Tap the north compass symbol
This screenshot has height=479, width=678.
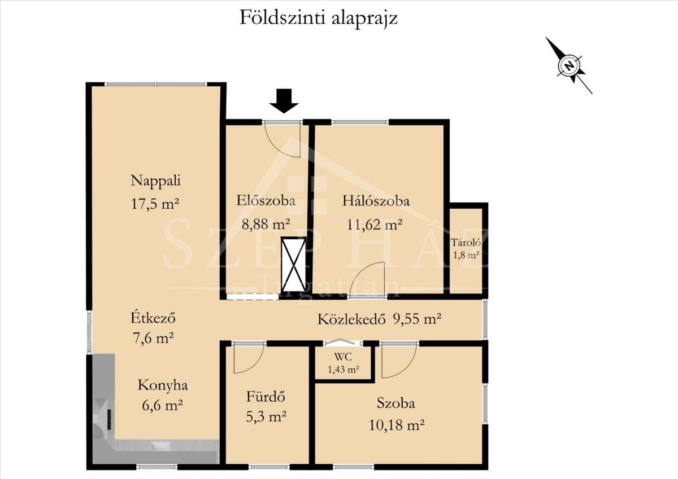(570, 65)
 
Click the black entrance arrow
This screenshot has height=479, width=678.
(284, 101)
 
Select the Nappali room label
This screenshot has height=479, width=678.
(155, 181)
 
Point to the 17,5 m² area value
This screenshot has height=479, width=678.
(155, 203)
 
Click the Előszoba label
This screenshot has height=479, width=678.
(266, 201)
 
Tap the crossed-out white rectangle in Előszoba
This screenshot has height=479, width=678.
(293, 265)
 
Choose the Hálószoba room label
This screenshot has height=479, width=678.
(376, 201)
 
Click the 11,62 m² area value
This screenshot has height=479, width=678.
(375, 224)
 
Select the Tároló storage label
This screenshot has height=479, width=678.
(466, 242)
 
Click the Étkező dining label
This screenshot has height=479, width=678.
(153, 318)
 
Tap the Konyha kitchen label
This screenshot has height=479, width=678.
(163, 385)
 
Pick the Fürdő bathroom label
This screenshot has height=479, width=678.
(266, 397)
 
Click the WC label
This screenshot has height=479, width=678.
(343, 357)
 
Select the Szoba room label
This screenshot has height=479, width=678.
(395, 403)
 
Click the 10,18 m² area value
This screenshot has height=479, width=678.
(397, 425)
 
